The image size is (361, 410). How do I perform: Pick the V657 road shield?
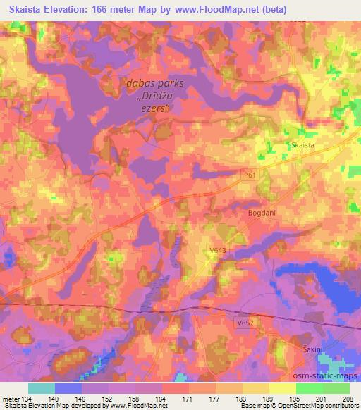point(245,323)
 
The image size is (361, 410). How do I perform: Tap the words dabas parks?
point(154,83)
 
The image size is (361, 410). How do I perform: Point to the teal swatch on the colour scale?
point(42,388)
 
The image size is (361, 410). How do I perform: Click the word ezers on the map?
point(155,108)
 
